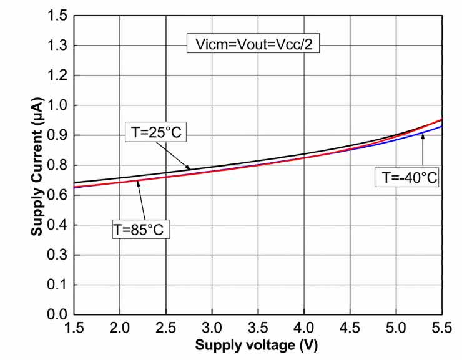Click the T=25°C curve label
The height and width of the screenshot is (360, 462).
156,132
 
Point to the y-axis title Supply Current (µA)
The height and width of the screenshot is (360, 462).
37,165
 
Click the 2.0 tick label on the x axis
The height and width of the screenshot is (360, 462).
120,328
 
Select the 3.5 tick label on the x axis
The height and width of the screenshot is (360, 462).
258,328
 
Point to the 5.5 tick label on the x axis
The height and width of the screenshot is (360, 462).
440,328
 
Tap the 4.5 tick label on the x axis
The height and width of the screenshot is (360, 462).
350,328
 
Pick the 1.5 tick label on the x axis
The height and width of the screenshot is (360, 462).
74,328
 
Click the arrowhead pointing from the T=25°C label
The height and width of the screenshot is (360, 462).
189,168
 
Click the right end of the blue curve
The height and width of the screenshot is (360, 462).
441,127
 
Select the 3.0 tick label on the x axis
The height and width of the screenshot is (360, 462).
212,328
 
